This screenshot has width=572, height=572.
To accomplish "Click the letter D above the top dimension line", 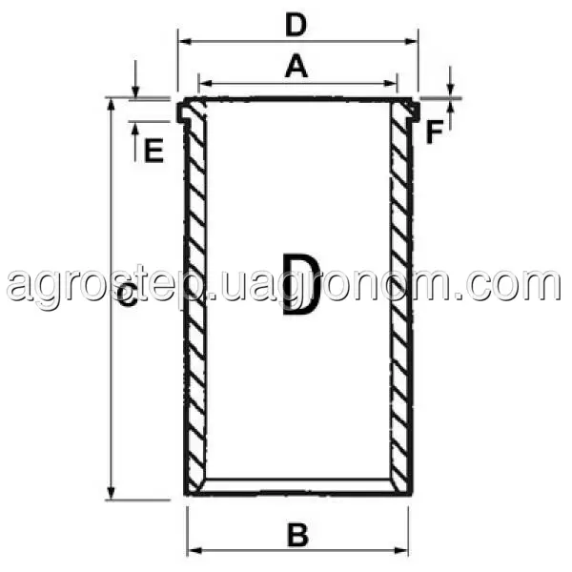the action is pos(296,26).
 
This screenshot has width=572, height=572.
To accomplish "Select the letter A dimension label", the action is pos(296,66).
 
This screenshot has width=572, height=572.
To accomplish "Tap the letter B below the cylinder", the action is pos(297,535).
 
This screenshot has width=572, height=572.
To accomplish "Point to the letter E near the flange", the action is pos(153,151).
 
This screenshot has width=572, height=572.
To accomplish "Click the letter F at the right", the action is pos(434,133).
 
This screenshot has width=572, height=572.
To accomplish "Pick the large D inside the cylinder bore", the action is pos(301,284).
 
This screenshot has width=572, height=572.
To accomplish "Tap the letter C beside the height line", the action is pos(128,296).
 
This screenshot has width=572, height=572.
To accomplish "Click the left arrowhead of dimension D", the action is pos(186,41).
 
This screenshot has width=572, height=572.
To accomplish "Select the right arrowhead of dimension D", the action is pos(411,41).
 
